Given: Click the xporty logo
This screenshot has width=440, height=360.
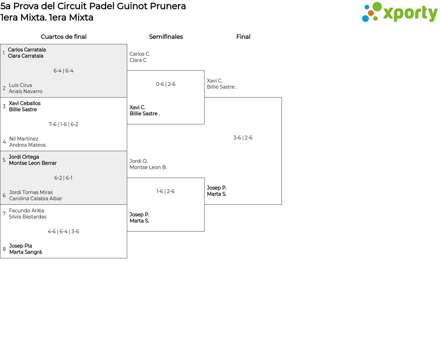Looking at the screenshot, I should pyautogui.click(x=399, y=12).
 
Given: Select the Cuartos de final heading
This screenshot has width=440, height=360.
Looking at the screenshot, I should pyautogui.click(x=64, y=37).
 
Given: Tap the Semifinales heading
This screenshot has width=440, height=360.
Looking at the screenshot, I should pyautogui.click(x=166, y=37).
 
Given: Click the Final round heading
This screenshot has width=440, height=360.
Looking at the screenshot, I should pyautogui.click(x=243, y=37).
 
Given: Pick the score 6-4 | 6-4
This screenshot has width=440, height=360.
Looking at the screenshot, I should pyautogui.click(x=64, y=71).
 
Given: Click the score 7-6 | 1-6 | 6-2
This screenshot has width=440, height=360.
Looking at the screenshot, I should pyautogui.click(x=64, y=124).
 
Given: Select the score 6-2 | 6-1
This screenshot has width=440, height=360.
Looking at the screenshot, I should pyautogui.click(x=64, y=178).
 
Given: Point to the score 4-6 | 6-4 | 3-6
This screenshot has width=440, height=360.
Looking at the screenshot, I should pyautogui.click(x=64, y=232).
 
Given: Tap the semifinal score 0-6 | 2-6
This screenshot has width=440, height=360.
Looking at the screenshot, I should pyautogui.click(x=166, y=84).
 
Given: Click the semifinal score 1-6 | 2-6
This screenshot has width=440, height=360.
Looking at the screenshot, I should pyautogui.click(x=166, y=191).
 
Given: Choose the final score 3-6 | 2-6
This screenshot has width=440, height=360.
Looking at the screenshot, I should pyautogui.click(x=243, y=138).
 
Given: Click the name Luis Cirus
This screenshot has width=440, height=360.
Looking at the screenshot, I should pyautogui.click(x=21, y=85).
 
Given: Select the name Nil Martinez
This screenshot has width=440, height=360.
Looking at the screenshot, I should pyautogui.click(x=24, y=139).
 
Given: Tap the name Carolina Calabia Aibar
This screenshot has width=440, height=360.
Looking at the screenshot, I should pyautogui.click(x=36, y=199).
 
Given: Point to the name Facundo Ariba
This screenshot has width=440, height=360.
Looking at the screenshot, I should pyautogui.click(x=26, y=211).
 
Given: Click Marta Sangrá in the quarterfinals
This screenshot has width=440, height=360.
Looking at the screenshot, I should pyautogui.click(x=26, y=252).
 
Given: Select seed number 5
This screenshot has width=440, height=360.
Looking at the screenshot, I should pyautogui.click(x=4, y=160).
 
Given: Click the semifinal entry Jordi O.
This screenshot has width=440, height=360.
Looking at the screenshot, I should pyautogui.click(x=139, y=161).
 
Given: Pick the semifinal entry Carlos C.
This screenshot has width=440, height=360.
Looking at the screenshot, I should pyautogui.click(x=140, y=54).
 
